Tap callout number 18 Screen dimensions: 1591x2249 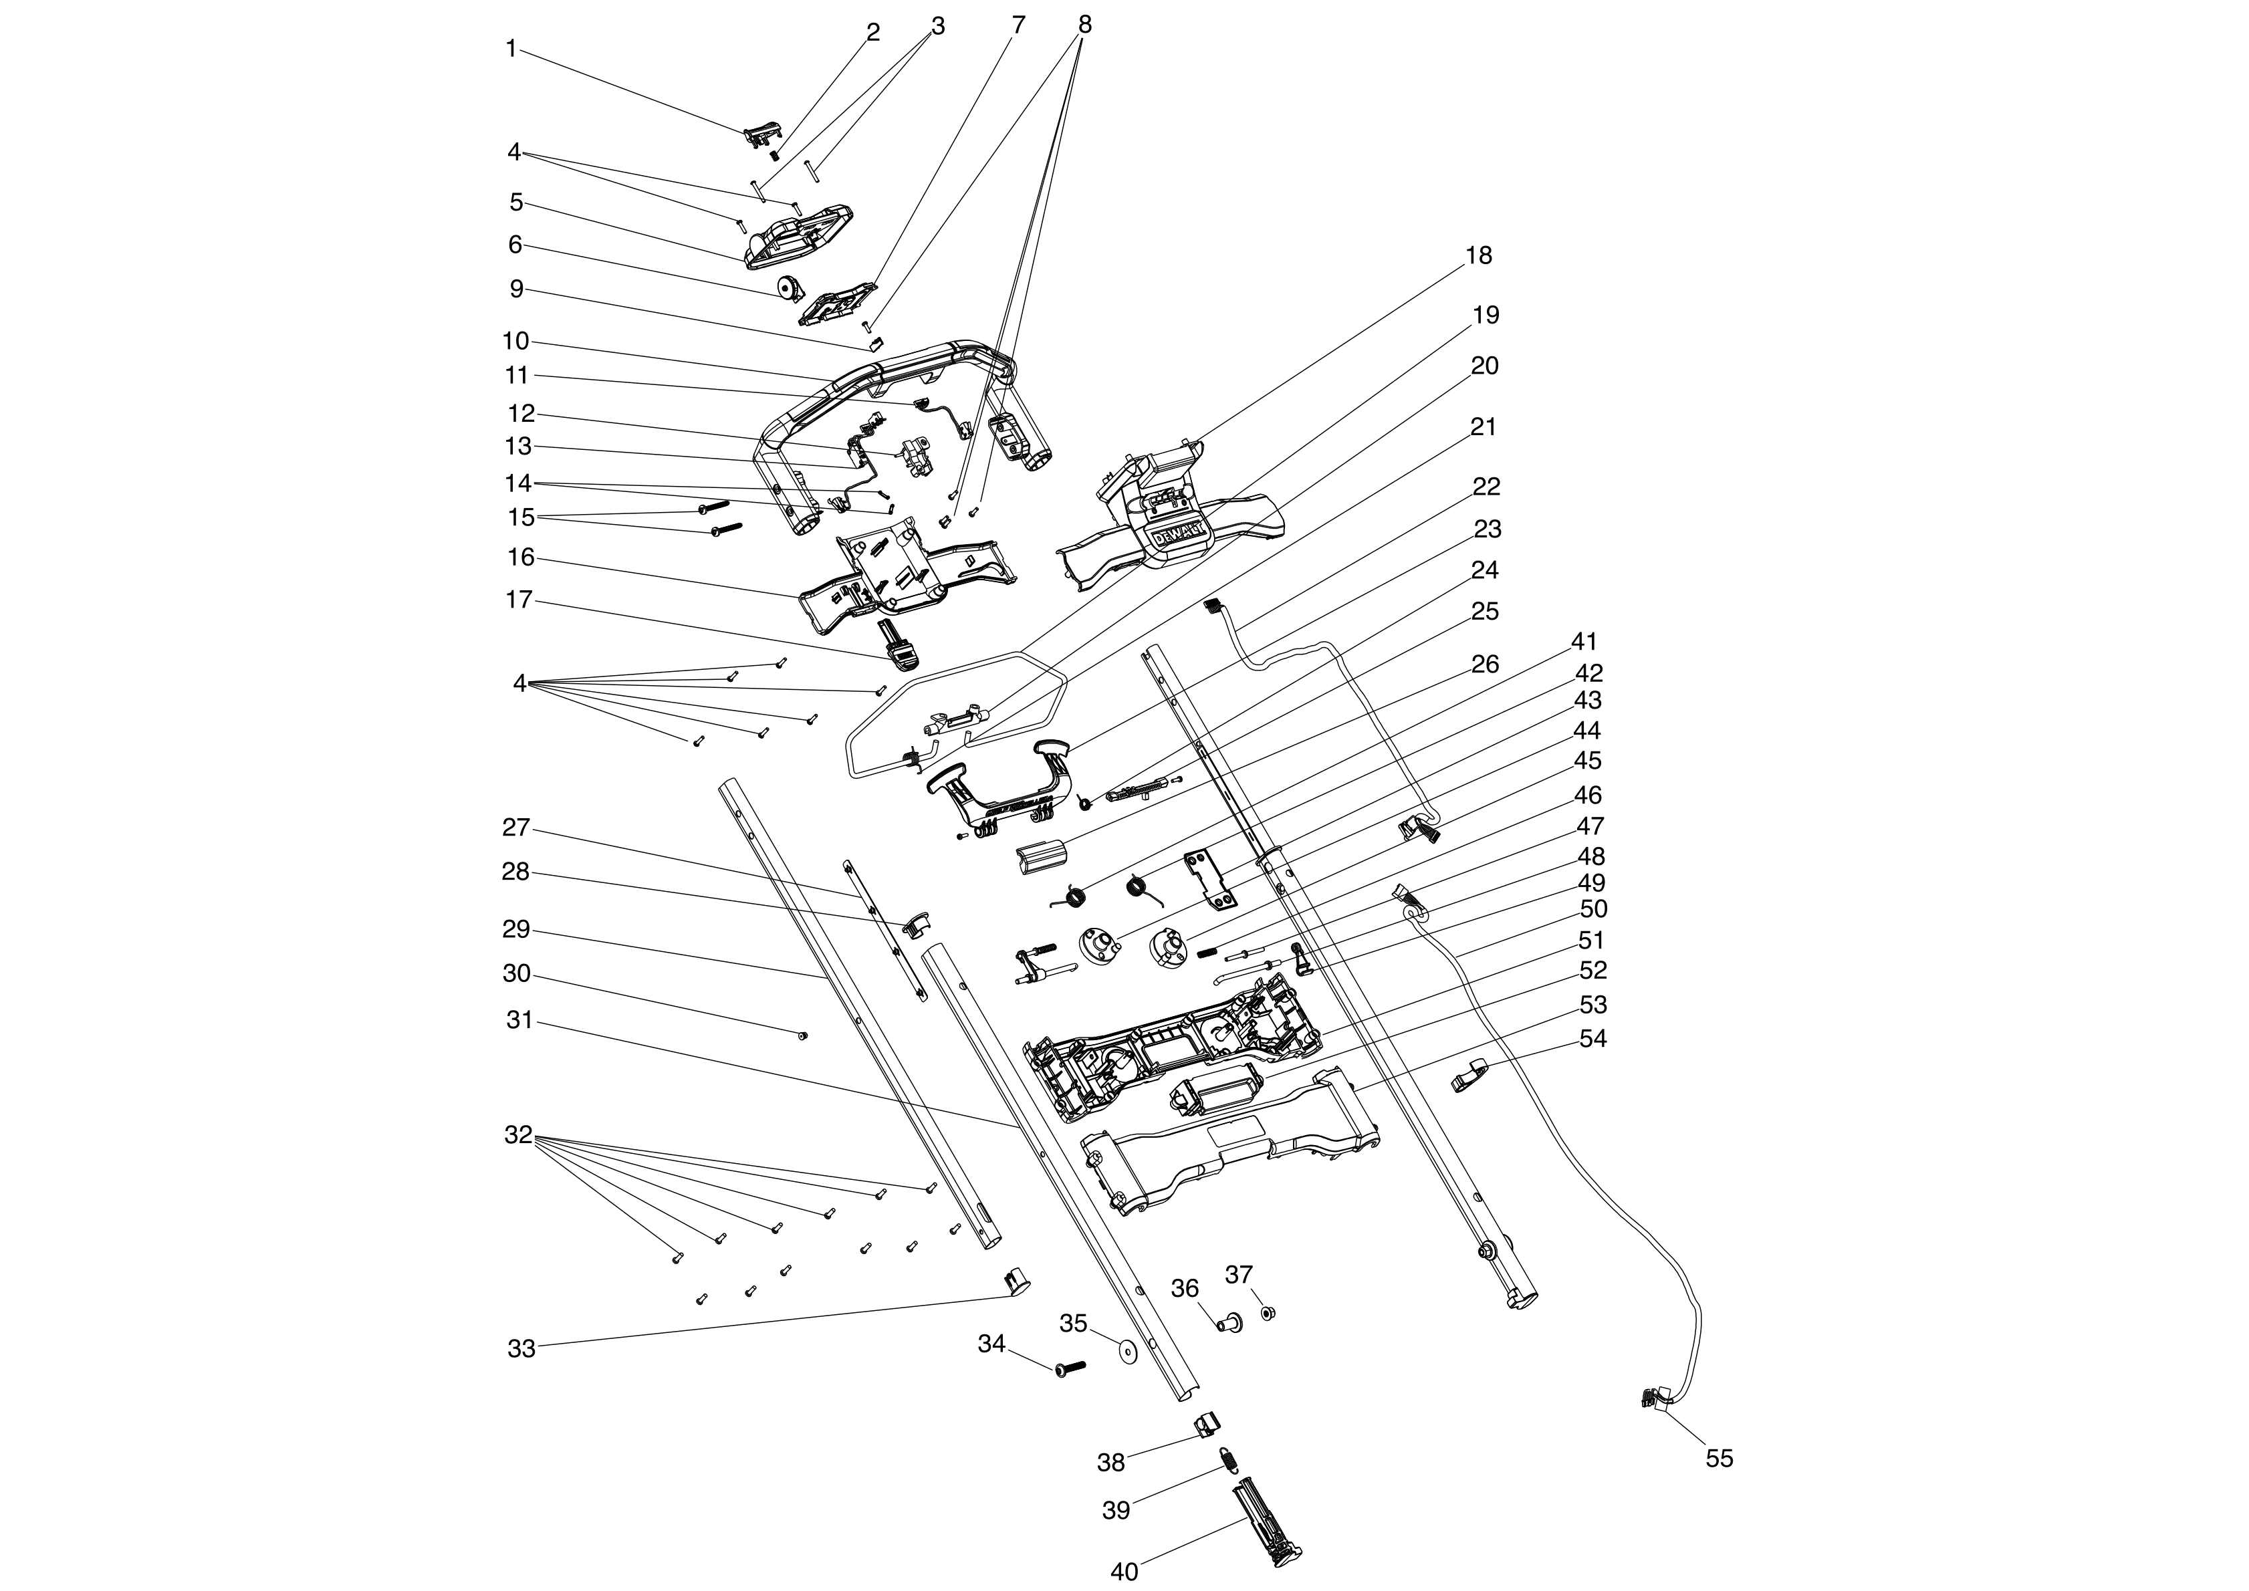1478,255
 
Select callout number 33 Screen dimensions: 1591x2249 521,1349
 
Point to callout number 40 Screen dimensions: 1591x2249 1124,1572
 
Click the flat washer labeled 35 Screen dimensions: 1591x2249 1127,1353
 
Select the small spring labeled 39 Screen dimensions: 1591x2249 1228,1460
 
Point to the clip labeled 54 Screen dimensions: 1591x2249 1467,1079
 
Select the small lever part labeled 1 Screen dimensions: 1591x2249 763,134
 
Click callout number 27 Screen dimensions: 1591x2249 516,828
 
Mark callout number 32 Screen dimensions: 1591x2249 518,1136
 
